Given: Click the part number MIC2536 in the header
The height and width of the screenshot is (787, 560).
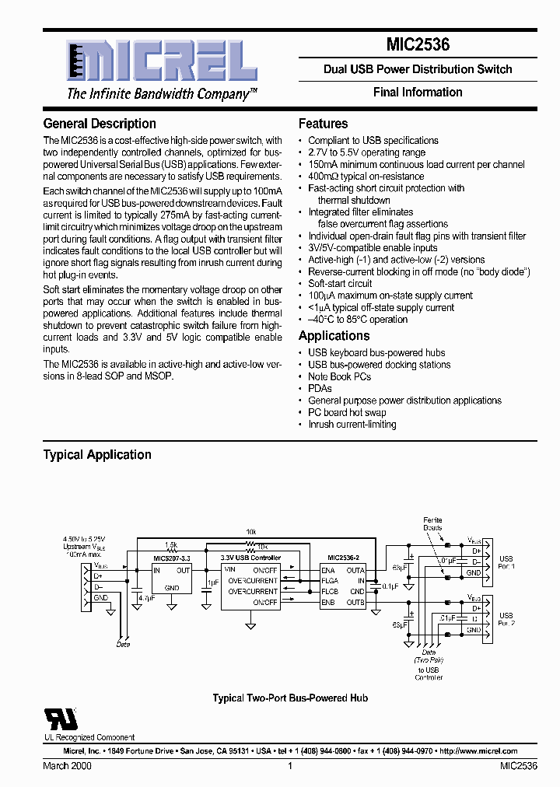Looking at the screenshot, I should tap(418, 46).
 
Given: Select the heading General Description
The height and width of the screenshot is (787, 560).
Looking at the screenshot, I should tap(100, 124).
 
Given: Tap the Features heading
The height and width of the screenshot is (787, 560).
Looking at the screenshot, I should tap(323, 124).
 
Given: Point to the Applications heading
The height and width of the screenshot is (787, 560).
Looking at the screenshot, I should tap(334, 336).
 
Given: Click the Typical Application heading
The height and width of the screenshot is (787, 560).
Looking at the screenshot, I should tap(97, 455).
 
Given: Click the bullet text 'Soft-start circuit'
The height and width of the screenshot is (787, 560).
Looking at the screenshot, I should tap(340, 284).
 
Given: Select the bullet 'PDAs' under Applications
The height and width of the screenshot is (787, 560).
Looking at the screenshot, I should tap(320, 388).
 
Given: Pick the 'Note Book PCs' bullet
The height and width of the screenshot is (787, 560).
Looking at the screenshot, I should tap(339, 376).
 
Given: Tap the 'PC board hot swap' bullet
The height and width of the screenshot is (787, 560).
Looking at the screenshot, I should tap(347, 412).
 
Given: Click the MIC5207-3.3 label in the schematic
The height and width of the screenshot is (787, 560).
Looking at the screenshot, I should tap(171, 558).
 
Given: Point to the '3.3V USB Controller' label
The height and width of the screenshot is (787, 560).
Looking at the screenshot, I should tap(250, 558).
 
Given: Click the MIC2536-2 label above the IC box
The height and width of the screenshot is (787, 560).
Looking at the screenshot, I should tap(343, 558).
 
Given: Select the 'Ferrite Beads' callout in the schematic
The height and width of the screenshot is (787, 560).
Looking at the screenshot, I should tap(432, 523).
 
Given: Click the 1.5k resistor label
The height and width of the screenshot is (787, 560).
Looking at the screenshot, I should tap(170, 544).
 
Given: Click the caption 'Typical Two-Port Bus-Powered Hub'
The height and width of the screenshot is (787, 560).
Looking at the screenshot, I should tap(290, 698).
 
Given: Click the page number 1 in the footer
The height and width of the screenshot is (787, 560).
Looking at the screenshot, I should tap(290, 767).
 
